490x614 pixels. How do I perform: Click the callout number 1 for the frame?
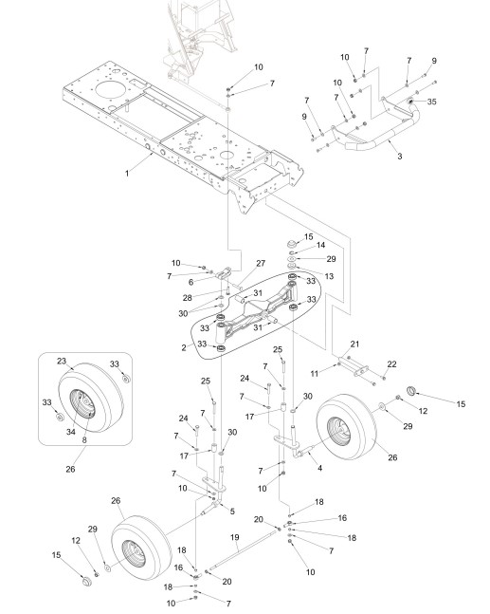(x=127, y=173)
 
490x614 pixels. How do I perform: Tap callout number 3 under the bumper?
(x=399, y=157)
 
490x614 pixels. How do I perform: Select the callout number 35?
(x=431, y=102)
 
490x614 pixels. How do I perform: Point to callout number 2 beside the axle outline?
(x=184, y=347)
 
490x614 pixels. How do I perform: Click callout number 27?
(x=261, y=264)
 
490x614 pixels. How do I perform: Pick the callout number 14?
(x=320, y=245)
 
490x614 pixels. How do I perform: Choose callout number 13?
(x=329, y=276)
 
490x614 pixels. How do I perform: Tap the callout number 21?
(x=354, y=344)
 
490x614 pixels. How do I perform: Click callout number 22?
(x=391, y=364)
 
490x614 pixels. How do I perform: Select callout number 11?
(x=315, y=374)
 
